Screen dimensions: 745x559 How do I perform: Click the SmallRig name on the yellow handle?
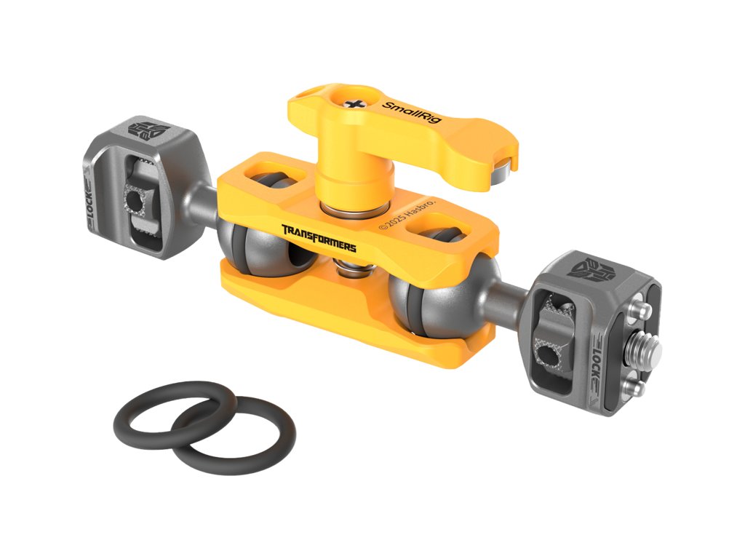[x=412, y=112]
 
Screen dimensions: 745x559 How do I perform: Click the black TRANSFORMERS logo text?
[x=319, y=238]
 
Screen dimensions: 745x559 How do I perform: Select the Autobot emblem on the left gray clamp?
[x=148, y=130]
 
